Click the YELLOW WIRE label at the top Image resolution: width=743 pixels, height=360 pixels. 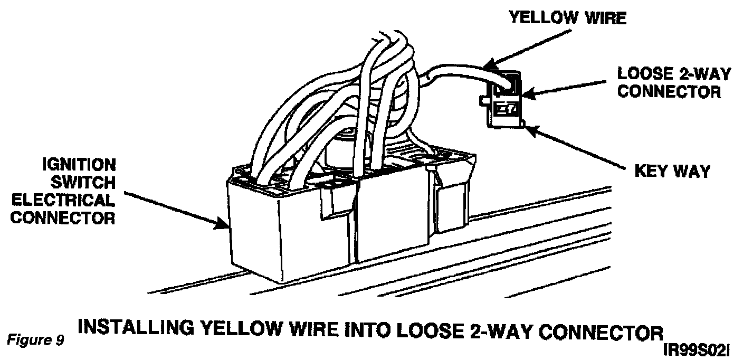coord(567,18)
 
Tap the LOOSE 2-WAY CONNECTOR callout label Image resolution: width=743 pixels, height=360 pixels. coord(674,82)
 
